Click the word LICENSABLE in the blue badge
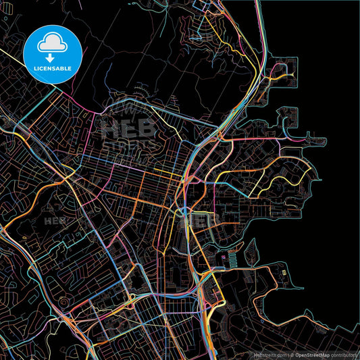coord(53,69)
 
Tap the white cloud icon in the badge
coord(53,44)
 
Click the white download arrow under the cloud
coord(53,57)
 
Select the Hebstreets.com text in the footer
coord(268,354)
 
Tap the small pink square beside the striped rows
coord(223,256)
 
